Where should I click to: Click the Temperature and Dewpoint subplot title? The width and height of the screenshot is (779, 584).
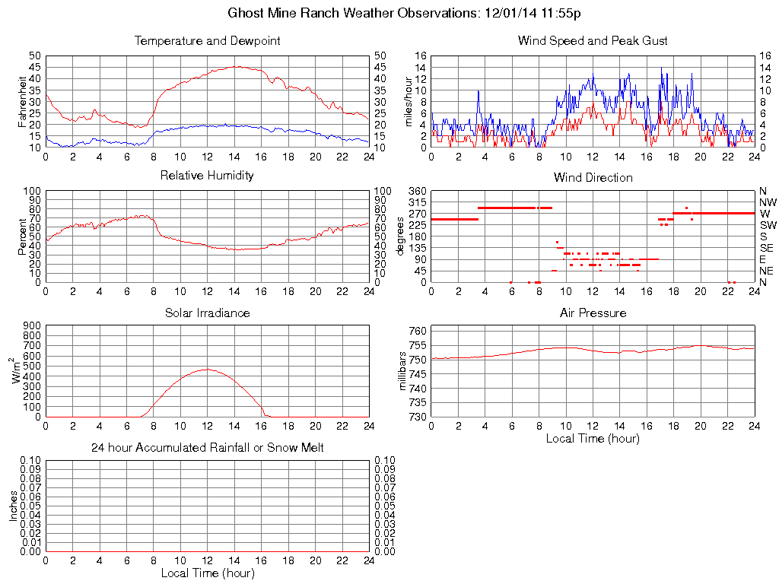pos(207,41)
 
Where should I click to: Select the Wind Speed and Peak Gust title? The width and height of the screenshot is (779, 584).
pos(593,41)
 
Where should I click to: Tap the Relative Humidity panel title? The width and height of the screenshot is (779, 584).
pos(207,176)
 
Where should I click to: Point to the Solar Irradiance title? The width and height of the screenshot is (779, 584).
pos(207,313)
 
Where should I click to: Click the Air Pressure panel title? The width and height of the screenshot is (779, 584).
pos(593,313)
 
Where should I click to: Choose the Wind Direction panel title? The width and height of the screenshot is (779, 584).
pos(593,177)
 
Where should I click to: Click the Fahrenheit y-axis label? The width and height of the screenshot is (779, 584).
pos(23,101)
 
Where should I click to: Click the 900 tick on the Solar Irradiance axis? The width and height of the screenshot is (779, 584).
pos(32,325)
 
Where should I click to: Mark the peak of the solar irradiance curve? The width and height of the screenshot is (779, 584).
pos(206,370)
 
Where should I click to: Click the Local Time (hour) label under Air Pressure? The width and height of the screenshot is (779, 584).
pos(593,438)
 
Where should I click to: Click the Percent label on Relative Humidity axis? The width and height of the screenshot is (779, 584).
pos(23,236)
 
